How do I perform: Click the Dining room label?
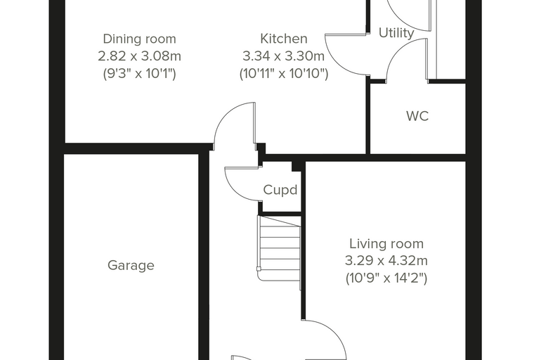tap(139, 39)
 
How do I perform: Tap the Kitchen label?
tap(284, 39)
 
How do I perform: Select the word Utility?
tap(396, 33)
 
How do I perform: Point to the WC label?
tap(417, 116)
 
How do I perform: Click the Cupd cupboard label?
tap(280, 190)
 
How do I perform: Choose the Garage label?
tap(131, 265)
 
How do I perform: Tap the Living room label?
tap(386, 244)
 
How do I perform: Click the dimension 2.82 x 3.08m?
tap(139, 56)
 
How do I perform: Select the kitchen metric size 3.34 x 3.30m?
tap(284, 56)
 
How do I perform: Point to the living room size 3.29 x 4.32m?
tap(386, 261)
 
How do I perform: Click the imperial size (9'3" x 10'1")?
tap(139, 73)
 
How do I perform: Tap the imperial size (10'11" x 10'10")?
tap(284, 73)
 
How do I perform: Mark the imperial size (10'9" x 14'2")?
tap(386, 278)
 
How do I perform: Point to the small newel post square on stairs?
tap(259, 269)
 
